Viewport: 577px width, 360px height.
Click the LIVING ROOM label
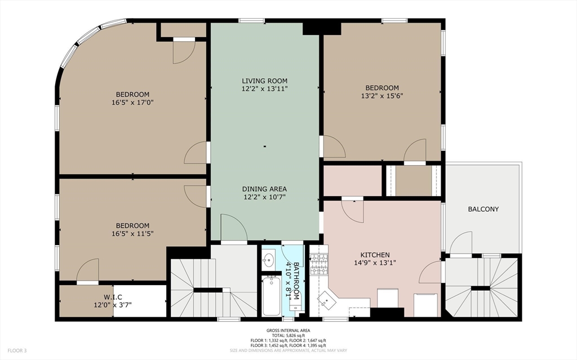coord(264,81)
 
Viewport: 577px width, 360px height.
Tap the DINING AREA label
coord(264,189)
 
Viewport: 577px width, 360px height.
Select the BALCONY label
coord(483,209)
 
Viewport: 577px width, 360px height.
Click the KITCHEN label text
coord(375,255)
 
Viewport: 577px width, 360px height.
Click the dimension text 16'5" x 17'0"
coord(132,103)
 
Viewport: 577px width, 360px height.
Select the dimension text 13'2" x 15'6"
coord(382,96)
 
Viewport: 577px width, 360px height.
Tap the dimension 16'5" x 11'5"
coord(132,234)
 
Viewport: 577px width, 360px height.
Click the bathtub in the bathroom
coord(271,296)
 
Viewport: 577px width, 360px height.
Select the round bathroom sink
coord(268,260)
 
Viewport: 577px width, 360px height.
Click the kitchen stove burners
coord(319,265)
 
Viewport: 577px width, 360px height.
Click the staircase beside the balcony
coord(482,287)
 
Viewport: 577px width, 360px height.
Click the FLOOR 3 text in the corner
coord(17,350)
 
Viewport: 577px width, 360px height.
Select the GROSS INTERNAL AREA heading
coord(288,331)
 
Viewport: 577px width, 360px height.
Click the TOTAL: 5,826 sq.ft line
coord(288,335)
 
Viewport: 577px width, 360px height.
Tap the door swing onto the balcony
coord(461,243)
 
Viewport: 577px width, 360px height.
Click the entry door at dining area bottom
coord(234,228)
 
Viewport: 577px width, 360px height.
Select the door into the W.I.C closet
coord(88,270)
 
